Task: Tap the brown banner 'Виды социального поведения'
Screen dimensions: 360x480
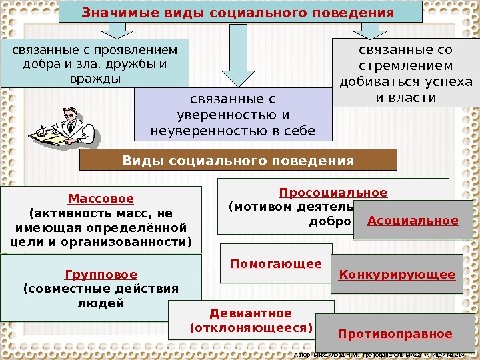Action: coord(238,160)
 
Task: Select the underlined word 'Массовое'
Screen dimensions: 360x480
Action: coord(101,199)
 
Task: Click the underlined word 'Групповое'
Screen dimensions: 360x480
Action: coord(101,275)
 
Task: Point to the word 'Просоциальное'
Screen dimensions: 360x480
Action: coord(333,193)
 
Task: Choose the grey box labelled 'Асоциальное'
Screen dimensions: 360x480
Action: coord(413,221)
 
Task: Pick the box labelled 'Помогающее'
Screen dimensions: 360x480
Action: coord(276,263)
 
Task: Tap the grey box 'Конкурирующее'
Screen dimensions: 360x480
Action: coord(397,274)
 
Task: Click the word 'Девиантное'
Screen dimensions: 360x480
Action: coord(251,313)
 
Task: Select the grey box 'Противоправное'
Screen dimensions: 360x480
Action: coord(395,334)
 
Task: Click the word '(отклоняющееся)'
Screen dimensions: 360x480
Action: coord(251,328)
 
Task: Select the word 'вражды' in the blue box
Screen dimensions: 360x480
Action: coord(95,79)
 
